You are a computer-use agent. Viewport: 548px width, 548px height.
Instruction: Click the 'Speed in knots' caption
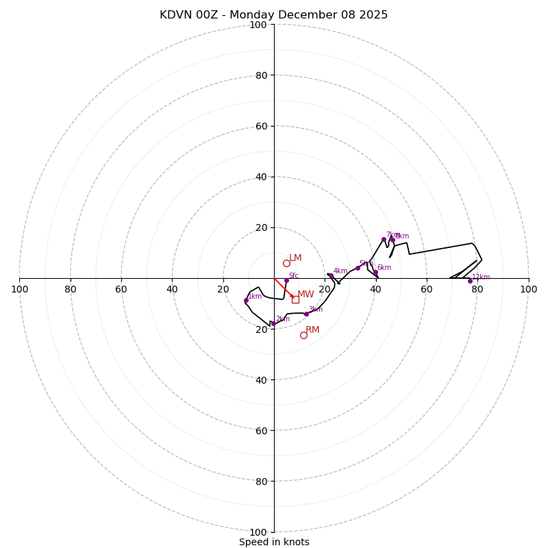coord(274,542)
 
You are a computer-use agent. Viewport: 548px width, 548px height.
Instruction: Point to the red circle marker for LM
coord(286,263)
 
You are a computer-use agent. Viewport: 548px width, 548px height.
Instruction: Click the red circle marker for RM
coord(303,335)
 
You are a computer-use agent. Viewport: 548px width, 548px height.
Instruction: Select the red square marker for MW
coord(295,299)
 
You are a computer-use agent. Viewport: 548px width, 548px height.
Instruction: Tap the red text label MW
coord(306,295)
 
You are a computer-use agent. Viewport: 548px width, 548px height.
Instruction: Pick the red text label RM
coord(312,330)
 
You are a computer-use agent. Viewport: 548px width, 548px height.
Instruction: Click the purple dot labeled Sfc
coord(286,280)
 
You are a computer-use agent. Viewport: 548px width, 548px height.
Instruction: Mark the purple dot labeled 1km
coord(246,300)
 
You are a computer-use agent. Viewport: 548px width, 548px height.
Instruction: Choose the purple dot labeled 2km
coord(273,323)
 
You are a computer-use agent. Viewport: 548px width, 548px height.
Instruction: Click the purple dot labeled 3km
coord(306,314)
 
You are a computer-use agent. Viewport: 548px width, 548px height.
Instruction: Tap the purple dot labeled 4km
coord(330,275)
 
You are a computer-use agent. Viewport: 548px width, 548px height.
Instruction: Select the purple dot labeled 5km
coord(358,268)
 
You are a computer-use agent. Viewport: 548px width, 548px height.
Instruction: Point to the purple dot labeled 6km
coord(375,272)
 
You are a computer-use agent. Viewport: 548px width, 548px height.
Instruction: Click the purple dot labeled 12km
coord(470,281)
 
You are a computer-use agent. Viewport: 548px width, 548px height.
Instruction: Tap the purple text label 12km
coord(481,277)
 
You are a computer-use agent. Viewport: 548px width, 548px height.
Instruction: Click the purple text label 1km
coord(255,297)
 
